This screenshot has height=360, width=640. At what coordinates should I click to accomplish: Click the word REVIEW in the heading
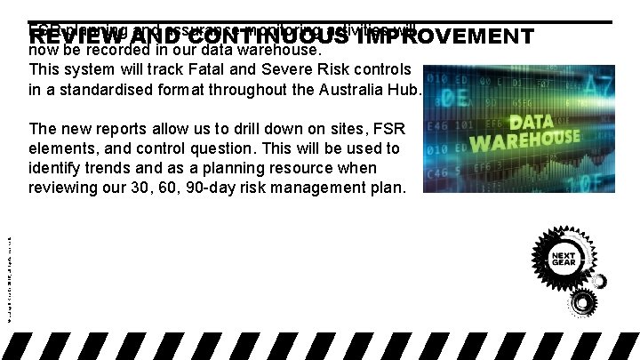71,36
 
